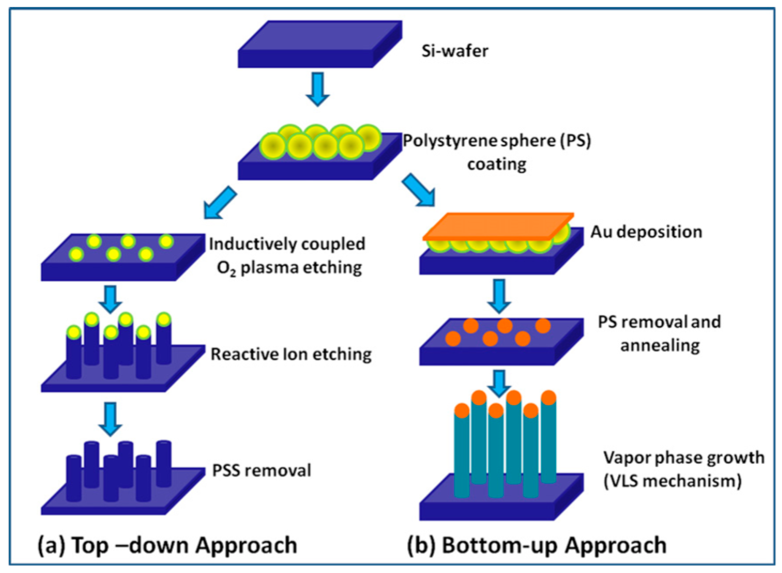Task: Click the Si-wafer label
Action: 454,51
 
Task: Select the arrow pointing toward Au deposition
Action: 418,190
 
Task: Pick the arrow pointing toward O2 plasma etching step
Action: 220,203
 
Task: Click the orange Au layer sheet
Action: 497,226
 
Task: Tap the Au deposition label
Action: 646,232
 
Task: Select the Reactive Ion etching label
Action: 291,355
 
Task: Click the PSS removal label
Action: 262,471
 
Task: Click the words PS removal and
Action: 659,322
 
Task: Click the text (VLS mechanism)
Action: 673,481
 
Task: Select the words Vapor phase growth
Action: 684,457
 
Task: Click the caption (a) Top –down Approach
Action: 167,545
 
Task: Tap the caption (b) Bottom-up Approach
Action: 537,545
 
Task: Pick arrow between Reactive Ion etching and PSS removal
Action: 110,419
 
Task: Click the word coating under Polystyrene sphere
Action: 496,164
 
